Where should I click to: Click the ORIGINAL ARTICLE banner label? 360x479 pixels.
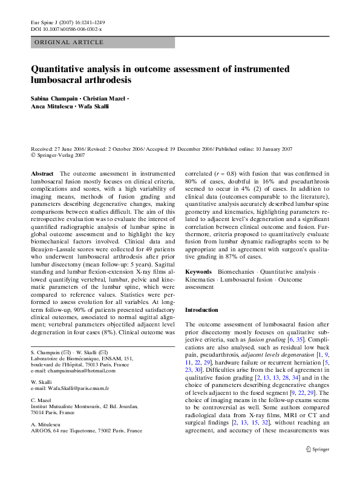[x=69, y=42]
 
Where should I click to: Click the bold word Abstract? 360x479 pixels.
[x=42, y=173]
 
